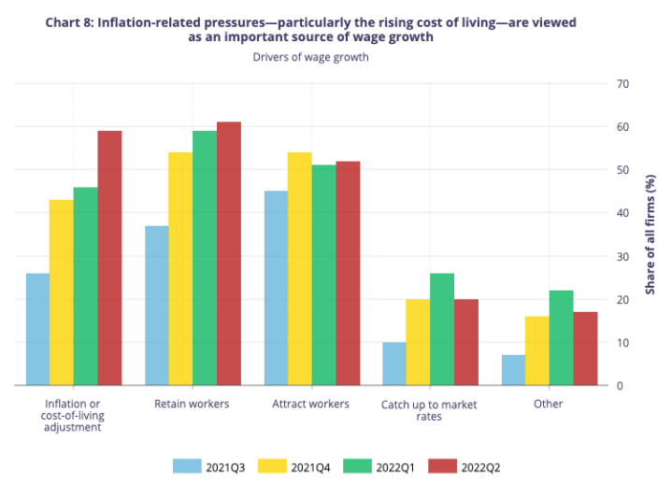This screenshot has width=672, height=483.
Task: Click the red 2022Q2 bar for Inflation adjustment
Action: click(x=109, y=258)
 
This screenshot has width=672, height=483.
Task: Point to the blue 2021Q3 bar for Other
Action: click(x=513, y=370)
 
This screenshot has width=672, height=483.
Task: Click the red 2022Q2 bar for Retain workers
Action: click(x=229, y=254)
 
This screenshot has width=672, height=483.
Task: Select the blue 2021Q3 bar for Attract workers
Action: click(x=276, y=288)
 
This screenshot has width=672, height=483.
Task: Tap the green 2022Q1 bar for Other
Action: click(x=562, y=337)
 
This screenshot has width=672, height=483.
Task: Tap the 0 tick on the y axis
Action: click(x=619, y=385)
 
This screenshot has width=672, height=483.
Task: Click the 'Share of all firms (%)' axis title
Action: click(x=651, y=234)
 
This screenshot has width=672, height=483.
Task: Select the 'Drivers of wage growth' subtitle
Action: click(x=310, y=57)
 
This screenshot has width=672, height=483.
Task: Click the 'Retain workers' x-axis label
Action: click(x=192, y=404)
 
